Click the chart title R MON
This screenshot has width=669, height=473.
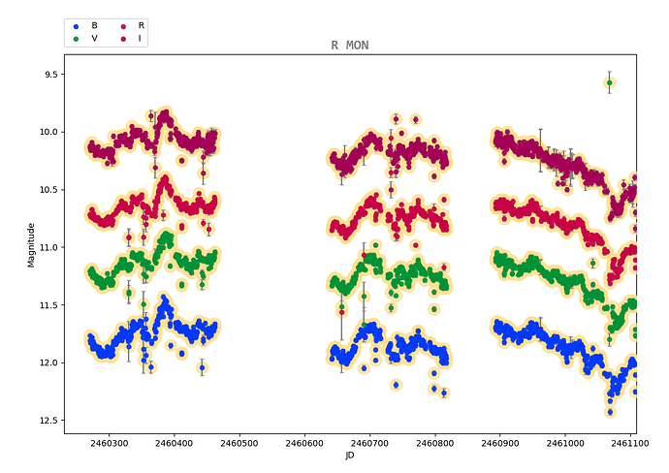point(349,46)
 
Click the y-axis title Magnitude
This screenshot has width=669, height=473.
point(32,244)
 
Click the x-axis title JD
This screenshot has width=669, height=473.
point(349,456)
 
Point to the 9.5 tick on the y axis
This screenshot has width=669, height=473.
point(45,74)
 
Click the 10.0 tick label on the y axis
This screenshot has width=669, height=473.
point(43,132)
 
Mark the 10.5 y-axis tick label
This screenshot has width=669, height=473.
point(43,189)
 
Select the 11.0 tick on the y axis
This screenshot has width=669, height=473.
point(43,247)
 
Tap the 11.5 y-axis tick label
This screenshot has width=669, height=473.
point(43,304)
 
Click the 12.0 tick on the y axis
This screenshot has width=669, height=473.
point(43,363)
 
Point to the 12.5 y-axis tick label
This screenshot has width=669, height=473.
point(43,420)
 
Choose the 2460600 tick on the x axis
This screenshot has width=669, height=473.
point(304,441)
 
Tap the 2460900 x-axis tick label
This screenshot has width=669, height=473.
point(500,441)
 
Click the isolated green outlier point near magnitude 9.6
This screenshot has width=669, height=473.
point(609,83)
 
